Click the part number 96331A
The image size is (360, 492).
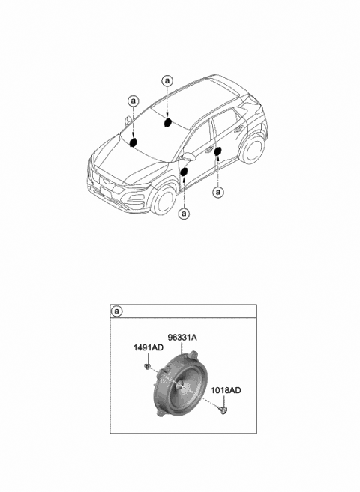click(182, 337)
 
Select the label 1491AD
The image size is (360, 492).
click(148, 347)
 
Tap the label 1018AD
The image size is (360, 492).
click(226, 390)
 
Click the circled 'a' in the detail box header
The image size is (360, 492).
click(117, 311)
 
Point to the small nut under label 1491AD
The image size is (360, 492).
click(146, 366)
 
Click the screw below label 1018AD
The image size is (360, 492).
click(223, 408)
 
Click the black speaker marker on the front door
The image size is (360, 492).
click(184, 172)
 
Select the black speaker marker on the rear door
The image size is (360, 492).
click(217, 151)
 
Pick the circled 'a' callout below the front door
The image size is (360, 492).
click(184, 214)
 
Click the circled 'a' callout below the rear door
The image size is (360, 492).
click(218, 192)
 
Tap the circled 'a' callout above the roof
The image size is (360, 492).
click(167, 81)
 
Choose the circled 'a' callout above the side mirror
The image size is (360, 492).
click(133, 101)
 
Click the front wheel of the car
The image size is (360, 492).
click(163, 199)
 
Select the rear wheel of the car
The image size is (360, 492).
click(253, 149)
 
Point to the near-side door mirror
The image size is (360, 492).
click(189, 156)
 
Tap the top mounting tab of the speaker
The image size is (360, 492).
click(194, 354)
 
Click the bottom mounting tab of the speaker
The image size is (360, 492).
click(161, 413)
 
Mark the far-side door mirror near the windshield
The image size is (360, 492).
click(127, 120)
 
